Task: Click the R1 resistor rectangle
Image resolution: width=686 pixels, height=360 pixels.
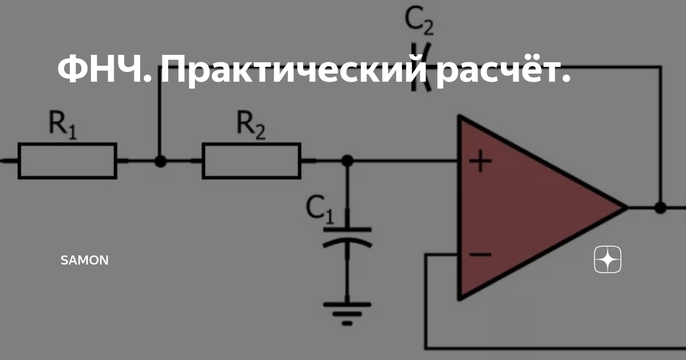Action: pos(67,161)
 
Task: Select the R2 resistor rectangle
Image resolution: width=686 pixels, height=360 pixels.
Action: pos(252,161)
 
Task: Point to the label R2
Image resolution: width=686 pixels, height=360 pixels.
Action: pos(251,125)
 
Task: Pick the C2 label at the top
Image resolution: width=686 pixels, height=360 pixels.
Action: pos(419,21)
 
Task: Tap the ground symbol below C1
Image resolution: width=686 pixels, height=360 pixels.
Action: pos(347,312)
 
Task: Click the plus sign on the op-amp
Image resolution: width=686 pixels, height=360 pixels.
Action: pos(480,162)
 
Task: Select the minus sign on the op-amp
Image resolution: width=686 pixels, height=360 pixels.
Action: pos(480,254)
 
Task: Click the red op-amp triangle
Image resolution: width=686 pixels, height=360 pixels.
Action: pos(526,209)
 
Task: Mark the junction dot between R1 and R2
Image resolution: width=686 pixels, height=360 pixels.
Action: pos(161,161)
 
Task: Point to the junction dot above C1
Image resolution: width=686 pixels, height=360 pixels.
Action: pos(347,161)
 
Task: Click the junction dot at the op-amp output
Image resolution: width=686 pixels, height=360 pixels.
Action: pos(660,207)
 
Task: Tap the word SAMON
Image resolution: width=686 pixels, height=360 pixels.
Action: pos(85,261)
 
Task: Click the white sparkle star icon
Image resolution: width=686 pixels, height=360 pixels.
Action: pos(608,260)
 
